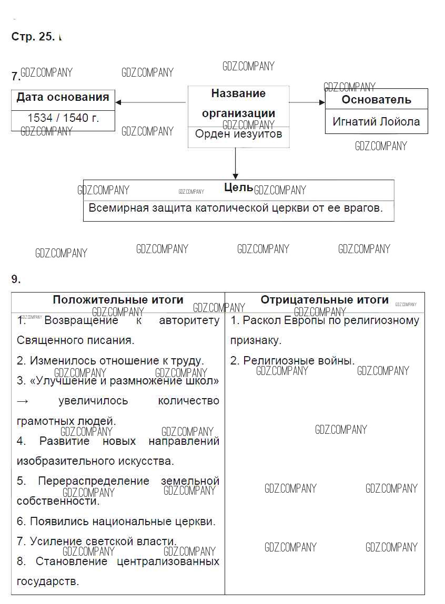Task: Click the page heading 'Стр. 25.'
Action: click(x=33, y=37)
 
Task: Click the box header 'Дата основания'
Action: click(x=63, y=97)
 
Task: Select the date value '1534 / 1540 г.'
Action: click(x=63, y=118)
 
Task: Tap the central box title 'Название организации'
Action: click(x=238, y=103)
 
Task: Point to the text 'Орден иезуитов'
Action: click(x=238, y=134)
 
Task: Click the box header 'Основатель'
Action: click(x=376, y=100)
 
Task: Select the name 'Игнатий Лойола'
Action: click(x=376, y=122)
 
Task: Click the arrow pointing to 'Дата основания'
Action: click(x=150, y=102)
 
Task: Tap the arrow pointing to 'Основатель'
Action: click(x=308, y=102)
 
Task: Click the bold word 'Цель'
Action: click(x=238, y=188)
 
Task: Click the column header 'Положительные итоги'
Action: click(x=118, y=300)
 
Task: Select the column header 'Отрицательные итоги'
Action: click(x=325, y=300)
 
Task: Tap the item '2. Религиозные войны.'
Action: click(x=292, y=361)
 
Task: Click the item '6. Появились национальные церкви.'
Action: click(x=116, y=522)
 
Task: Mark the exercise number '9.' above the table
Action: click(x=16, y=279)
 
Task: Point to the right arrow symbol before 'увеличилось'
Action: click(x=23, y=401)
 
